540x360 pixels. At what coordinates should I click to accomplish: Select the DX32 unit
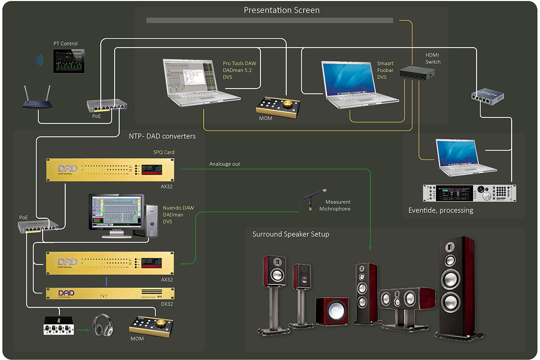(110, 294)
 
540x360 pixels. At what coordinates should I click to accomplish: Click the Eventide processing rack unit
(470, 193)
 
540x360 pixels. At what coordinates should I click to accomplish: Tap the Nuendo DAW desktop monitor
(116, 212)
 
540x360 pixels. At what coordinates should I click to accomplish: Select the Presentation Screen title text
(282, 10)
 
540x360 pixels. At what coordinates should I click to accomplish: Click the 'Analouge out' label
(225, 164)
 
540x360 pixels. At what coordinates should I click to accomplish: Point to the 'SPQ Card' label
(164, 152)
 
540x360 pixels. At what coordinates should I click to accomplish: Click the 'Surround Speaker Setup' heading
(291, 234)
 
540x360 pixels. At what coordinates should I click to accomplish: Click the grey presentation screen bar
(270, 20)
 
